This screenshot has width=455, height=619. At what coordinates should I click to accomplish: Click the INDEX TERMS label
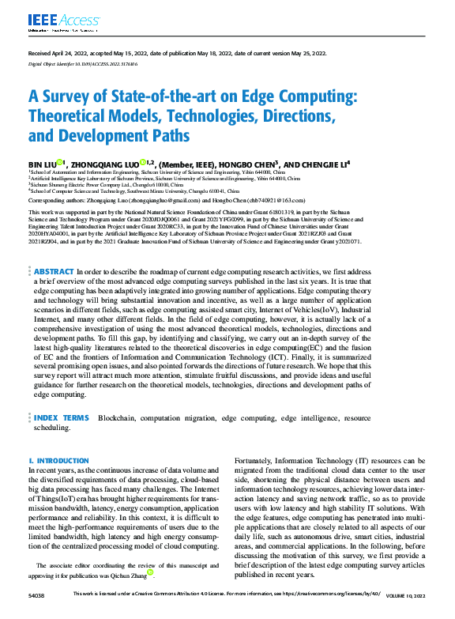pyautogui.click(x=61, y=417)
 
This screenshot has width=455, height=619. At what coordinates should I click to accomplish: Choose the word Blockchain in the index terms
pyautogui.click(x=115, y=417)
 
